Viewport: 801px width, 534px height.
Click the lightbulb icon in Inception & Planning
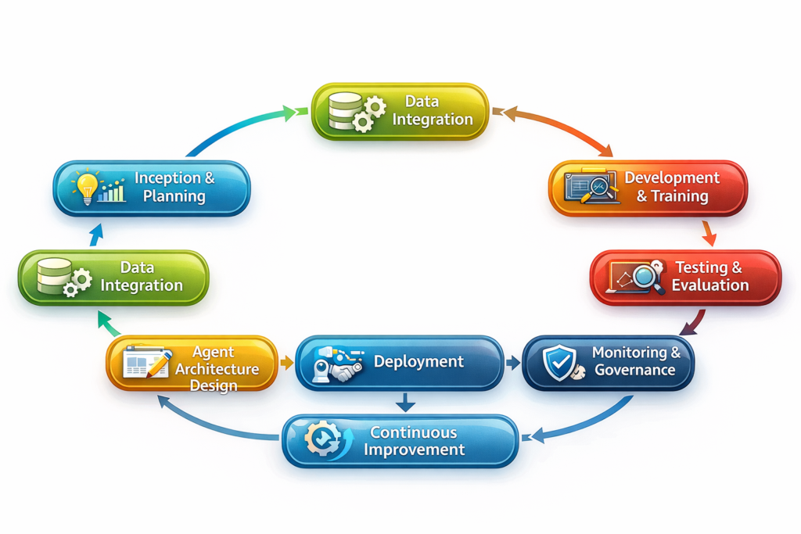coord(86,185)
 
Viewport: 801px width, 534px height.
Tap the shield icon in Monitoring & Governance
coord(560,363)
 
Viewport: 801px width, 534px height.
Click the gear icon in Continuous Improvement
coord(320,439)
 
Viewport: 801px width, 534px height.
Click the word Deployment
coord(418,361)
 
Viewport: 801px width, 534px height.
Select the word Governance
coord(634,370)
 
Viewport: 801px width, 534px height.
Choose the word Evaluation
coord(709,285)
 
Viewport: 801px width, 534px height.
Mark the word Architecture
coord(217,368)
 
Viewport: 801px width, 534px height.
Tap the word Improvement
coord(415,450)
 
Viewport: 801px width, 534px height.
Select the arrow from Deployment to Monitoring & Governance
coord(513,363)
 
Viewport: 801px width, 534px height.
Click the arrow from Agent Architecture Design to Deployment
coord(286,363)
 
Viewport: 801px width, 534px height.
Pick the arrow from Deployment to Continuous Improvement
coord(404,402)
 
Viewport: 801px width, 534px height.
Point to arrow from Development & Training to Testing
coord(709,233)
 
